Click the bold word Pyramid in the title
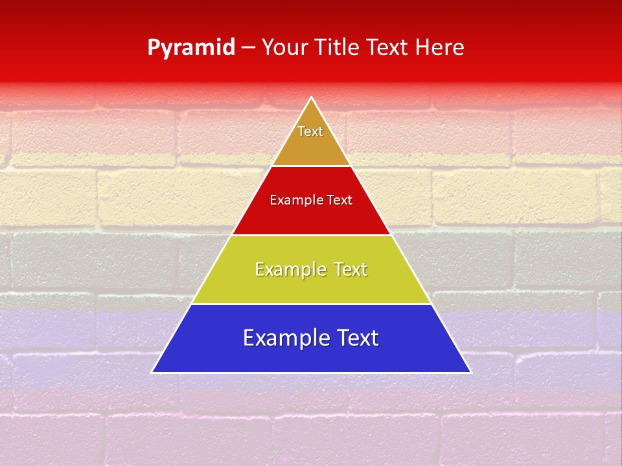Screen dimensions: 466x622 click(191, 47)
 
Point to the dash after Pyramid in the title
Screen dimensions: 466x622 click(248, 48)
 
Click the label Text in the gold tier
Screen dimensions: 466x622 click(310, 131)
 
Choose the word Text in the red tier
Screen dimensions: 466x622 click(340, 201)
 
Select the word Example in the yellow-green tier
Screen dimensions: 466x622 click(289, 269)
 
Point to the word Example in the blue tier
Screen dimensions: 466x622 click(282, 338)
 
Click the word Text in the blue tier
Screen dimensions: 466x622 click(356, 338)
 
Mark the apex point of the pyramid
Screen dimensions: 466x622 click(311, 98)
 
